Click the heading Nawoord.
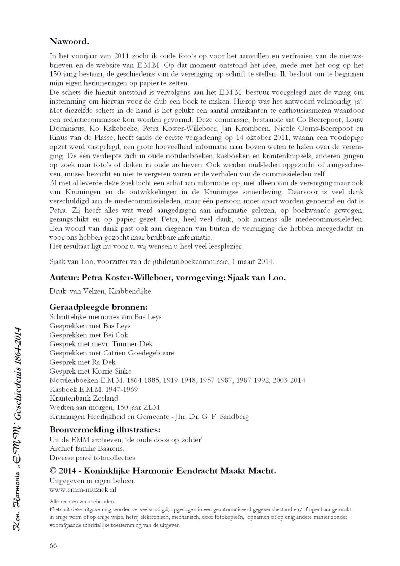69,42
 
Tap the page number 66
53,545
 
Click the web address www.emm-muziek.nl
83,489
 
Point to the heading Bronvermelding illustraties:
105,429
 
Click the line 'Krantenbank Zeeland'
84,398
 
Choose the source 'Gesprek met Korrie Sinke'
90,371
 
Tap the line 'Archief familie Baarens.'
87,448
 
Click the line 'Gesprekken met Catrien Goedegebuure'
111,353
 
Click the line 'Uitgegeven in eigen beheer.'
92,481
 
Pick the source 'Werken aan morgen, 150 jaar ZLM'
104,407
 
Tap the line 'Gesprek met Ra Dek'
82,362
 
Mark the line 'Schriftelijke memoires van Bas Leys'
105,316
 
